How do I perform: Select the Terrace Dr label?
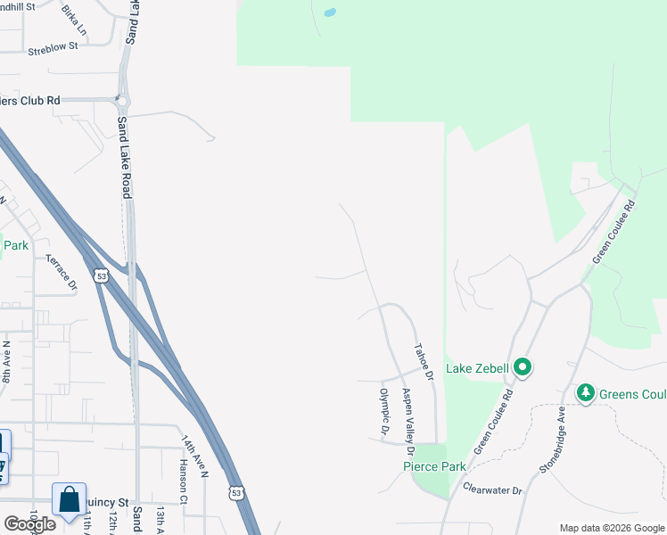coord(62,271)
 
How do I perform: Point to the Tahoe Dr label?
coord(422,363)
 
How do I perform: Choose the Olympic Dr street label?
coord(385,413)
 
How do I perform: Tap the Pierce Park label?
coord(434,466)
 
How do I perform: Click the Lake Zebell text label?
coord(477,368)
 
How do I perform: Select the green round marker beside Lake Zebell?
coord(523,366)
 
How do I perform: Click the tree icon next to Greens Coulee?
coord(585,392)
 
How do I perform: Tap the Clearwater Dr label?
coord(492,490)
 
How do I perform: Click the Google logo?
coord(29,523)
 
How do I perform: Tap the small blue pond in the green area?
coord(330,13)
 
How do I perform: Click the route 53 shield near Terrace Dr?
coord(103,276)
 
